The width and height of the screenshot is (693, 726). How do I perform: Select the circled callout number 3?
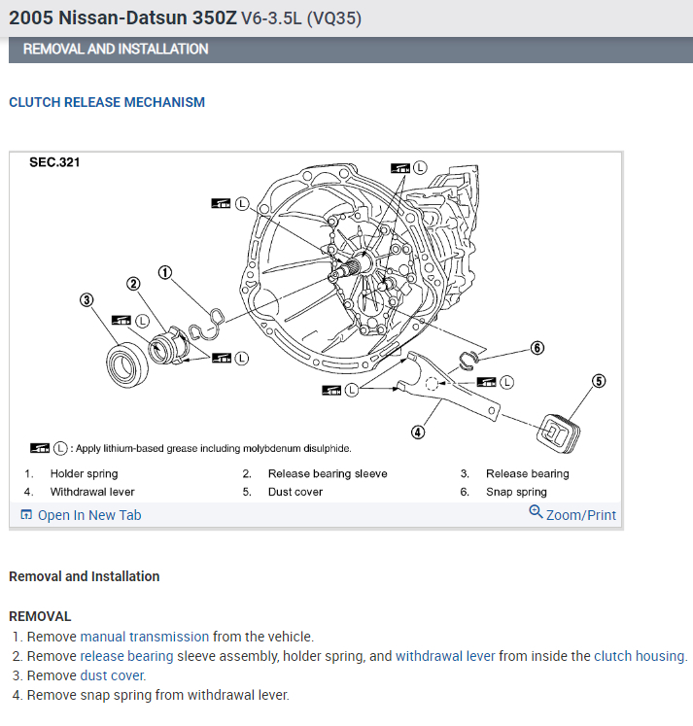87,300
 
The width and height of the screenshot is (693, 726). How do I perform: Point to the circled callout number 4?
418,432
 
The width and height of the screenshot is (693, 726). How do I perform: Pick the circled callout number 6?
537,347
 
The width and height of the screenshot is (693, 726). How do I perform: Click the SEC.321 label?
54,162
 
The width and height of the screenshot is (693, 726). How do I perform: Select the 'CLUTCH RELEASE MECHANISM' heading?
107,102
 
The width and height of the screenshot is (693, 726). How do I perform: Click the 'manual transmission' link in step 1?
145,637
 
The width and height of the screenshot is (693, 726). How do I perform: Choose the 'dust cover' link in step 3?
113,675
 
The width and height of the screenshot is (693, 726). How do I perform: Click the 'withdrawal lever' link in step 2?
445,656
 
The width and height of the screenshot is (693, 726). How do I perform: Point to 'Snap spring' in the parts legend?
516,492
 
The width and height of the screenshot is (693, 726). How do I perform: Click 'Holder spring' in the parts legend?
84,473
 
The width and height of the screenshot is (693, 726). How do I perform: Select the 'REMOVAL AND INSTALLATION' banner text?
116,49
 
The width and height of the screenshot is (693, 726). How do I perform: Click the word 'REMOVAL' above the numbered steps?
40,616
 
